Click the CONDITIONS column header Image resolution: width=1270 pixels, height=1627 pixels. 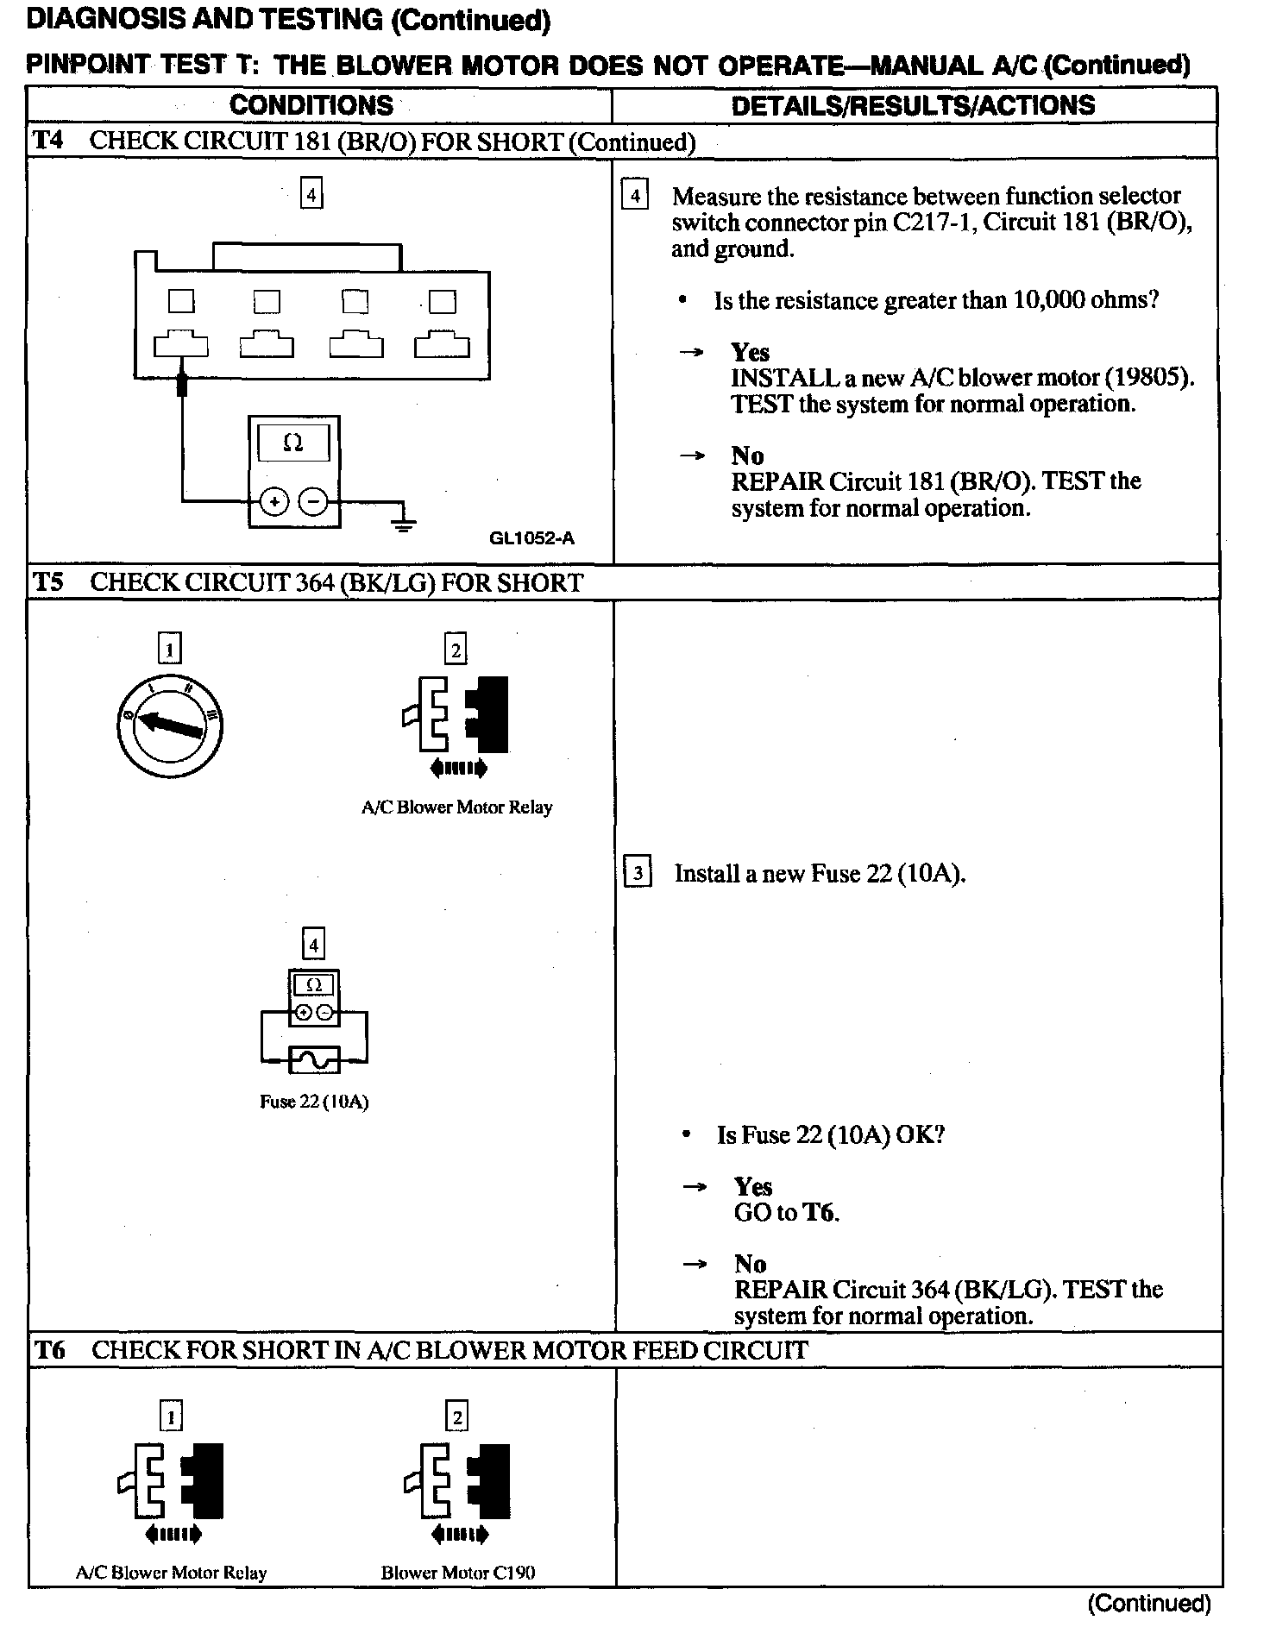[x=311, y=105]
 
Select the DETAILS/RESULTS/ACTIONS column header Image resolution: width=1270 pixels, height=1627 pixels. [x=913, y=105]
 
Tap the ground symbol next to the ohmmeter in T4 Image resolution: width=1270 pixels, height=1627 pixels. [x=402, y=523]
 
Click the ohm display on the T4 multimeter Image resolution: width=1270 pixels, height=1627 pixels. [x=293, y=443]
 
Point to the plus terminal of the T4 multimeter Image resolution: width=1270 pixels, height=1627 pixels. [x=274, y=501]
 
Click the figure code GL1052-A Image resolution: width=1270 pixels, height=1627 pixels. [x=531, y=538]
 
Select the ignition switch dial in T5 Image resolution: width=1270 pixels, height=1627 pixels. [x=170, y=726]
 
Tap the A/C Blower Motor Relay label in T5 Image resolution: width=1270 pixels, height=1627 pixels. [x=456, y=807]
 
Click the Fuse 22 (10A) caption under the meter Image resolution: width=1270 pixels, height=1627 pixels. [x=314, y=1102]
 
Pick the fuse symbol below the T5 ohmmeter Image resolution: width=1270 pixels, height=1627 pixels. [x=314, y=1059]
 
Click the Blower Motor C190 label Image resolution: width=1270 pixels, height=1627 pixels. [x=458, y=1573]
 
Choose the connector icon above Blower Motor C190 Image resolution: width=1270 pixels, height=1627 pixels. [x=457, y=1480]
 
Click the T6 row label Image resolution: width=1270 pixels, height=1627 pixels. [x=50, y=1350]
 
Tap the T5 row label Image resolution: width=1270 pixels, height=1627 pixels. [x=48, y=582]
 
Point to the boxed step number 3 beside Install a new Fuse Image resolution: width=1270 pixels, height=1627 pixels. [x=638, y=873]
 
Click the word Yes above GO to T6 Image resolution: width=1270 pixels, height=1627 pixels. [x=753, y=1186]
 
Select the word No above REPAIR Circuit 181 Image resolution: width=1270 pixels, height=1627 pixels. [x=747, y=455]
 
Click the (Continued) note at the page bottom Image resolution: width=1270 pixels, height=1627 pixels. [x=1149, y=1604]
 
